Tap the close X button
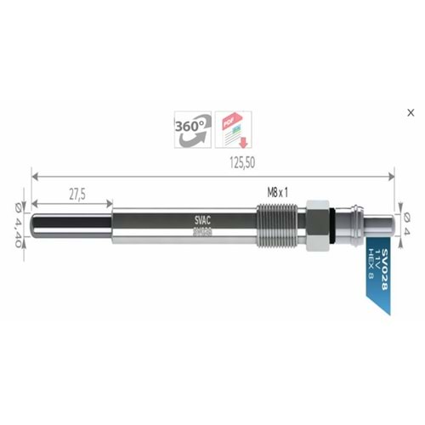click(411, 111)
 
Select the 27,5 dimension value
click(76, 194)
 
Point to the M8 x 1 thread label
click(278, 193)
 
